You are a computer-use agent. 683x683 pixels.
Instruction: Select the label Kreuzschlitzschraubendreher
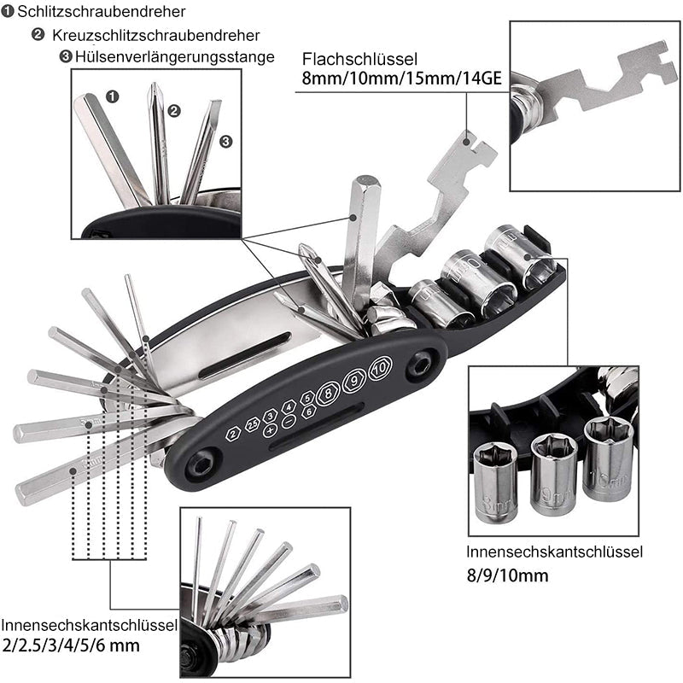point(155,36)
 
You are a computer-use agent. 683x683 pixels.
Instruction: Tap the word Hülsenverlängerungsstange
point(175,57)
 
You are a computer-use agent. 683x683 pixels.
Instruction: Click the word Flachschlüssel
point(359,60)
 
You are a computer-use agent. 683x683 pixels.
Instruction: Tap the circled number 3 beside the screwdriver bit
point(225,141)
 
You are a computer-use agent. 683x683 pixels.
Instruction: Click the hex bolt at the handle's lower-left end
point(197,466)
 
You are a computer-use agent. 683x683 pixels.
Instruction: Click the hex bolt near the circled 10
point(417,365)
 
